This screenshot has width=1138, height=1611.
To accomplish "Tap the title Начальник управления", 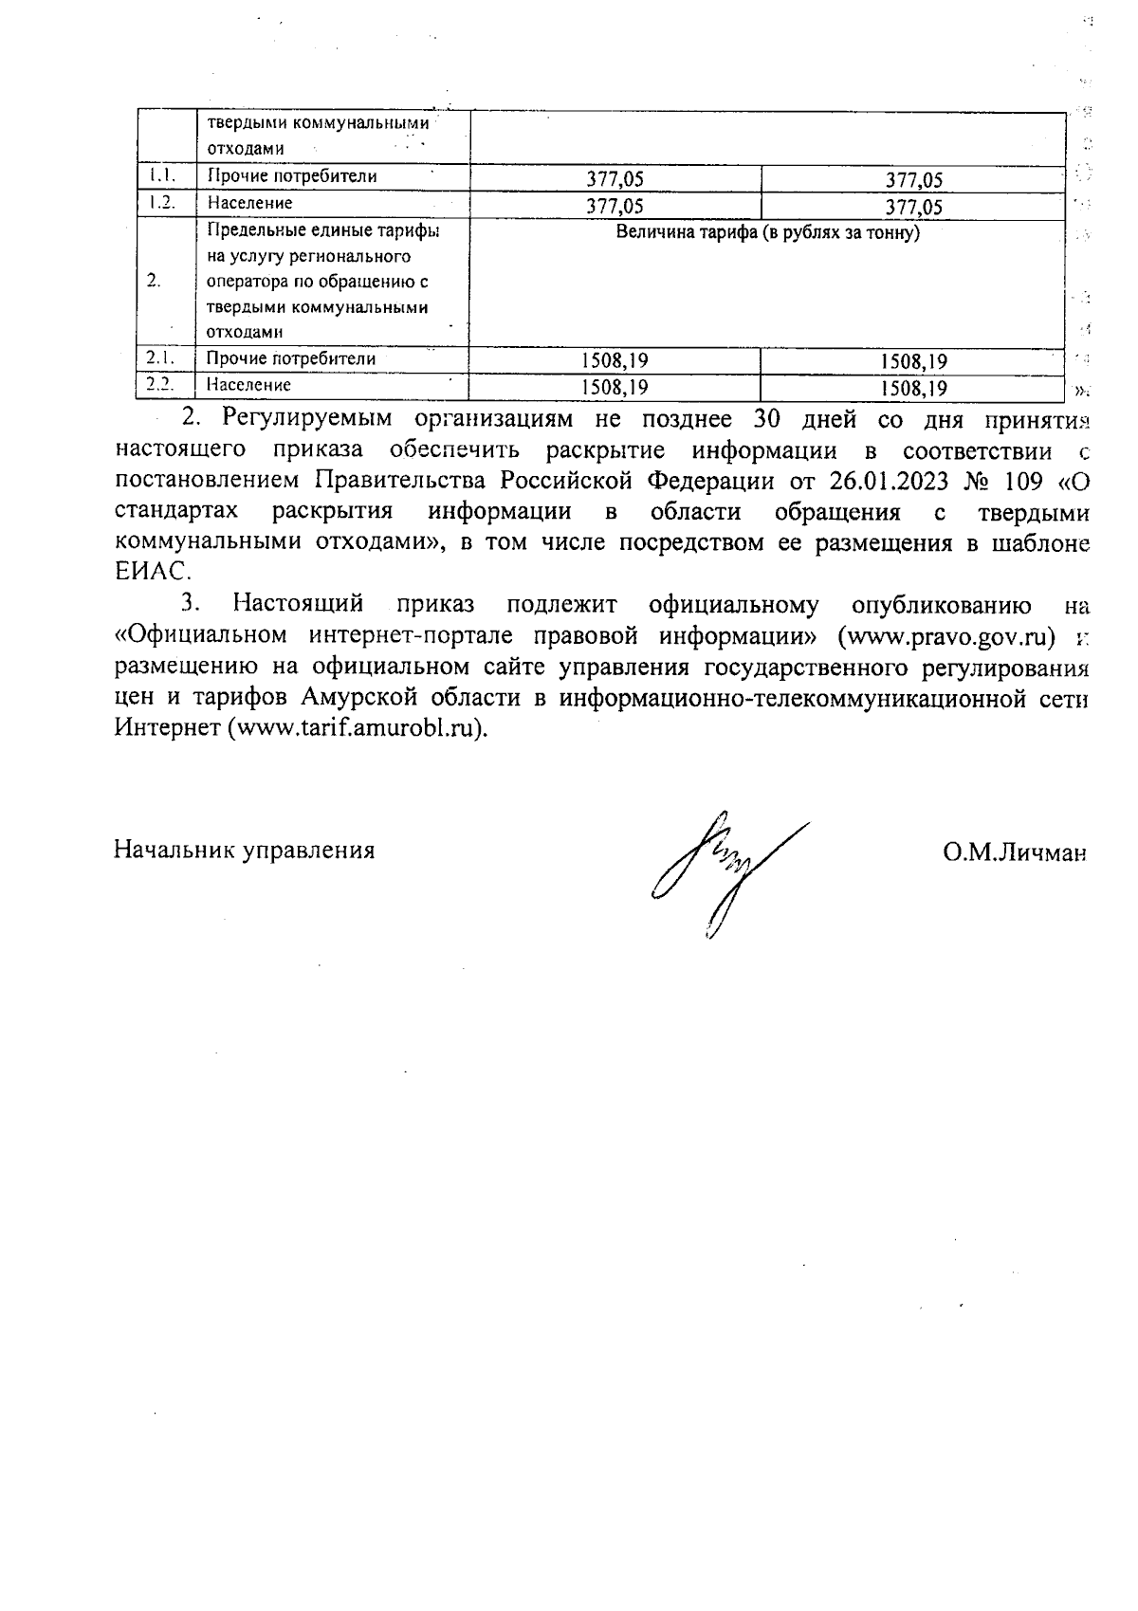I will click(245, 850).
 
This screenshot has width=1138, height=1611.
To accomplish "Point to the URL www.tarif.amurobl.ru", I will click(356, 729).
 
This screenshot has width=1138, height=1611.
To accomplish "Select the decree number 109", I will click(1026, 480).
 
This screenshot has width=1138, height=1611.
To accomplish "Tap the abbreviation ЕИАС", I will click(152, 572).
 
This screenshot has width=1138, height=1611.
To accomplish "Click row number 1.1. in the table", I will click(158, 175).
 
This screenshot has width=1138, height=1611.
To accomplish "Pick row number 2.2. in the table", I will click(159, 385).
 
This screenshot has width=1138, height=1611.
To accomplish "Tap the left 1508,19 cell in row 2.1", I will click(615, 360).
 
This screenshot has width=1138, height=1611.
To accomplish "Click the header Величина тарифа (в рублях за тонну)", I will click(768, 232).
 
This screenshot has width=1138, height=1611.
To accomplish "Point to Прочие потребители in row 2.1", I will click(291, 358).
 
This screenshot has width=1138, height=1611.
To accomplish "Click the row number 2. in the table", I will click(155, 281).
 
